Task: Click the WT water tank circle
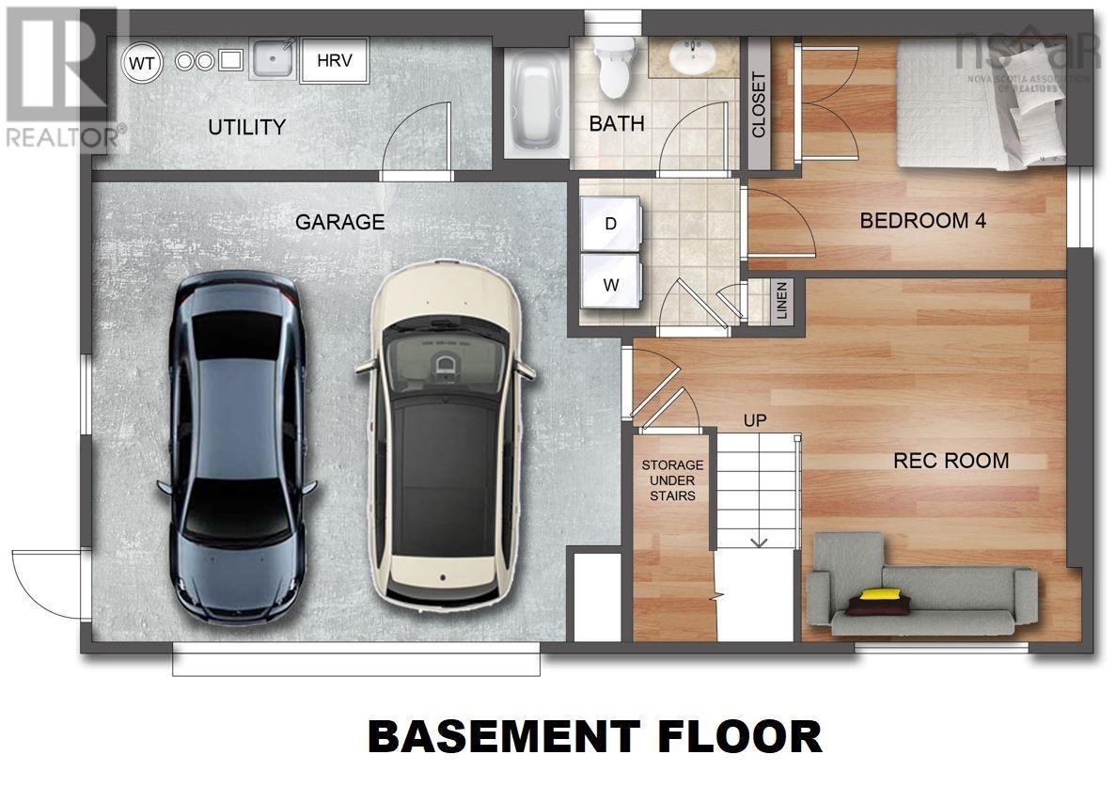(x=142, y=63)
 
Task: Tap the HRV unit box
(x=335, y=60)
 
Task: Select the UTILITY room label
(x=247, y=127)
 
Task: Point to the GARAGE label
(x=339, y=222)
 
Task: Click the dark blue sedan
(x=236, y=448)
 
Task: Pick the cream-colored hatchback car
(x=444, y=434)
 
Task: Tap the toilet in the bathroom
(x=615, y=67)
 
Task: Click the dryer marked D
(x=611, y=224)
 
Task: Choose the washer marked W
(x=611, y=283)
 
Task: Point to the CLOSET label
(x=758, y=104)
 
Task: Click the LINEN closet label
(x=782, y=300)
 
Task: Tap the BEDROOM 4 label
(x=923, y=221)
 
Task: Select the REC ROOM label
(x=951, y=461)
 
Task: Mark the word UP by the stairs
(x=755, y=420)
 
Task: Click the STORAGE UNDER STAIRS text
(x=672, y=480)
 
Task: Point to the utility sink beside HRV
(x=272, y=59)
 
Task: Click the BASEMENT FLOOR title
(x=595, y=736)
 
